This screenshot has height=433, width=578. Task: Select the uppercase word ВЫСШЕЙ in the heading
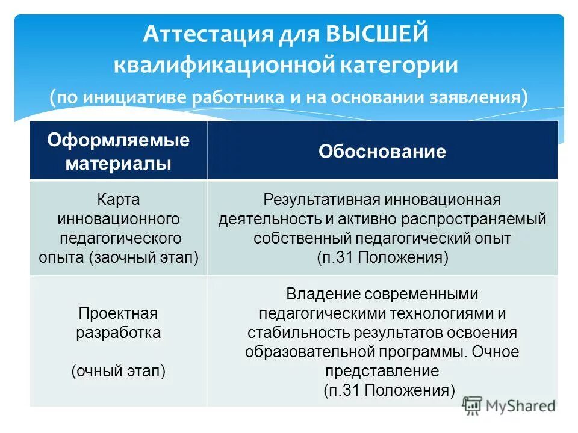pos(378,35)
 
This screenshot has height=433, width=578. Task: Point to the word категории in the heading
pos(399,65)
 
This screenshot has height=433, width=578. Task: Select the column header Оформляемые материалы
pos(118,151)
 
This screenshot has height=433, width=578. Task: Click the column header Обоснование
pos(382,152)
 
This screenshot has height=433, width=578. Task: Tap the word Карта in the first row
pos(118,199)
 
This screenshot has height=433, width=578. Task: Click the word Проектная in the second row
pos(118,313)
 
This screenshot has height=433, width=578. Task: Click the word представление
pos(382,371)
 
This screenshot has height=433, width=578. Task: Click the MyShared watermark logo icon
pos(473,405)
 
